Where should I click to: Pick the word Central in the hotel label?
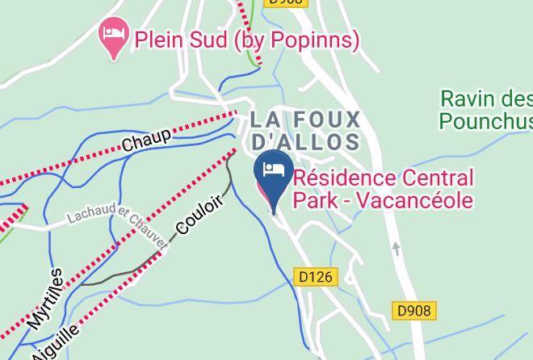tap(441, 178)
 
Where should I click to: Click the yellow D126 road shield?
tap(314, 277)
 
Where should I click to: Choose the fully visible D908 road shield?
tap(415, 310)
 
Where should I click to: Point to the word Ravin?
tap(468, 100)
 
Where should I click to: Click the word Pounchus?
tap(485, 121)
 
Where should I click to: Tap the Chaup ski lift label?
tap(146, 140)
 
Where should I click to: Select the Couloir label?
tap(199, 216)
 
